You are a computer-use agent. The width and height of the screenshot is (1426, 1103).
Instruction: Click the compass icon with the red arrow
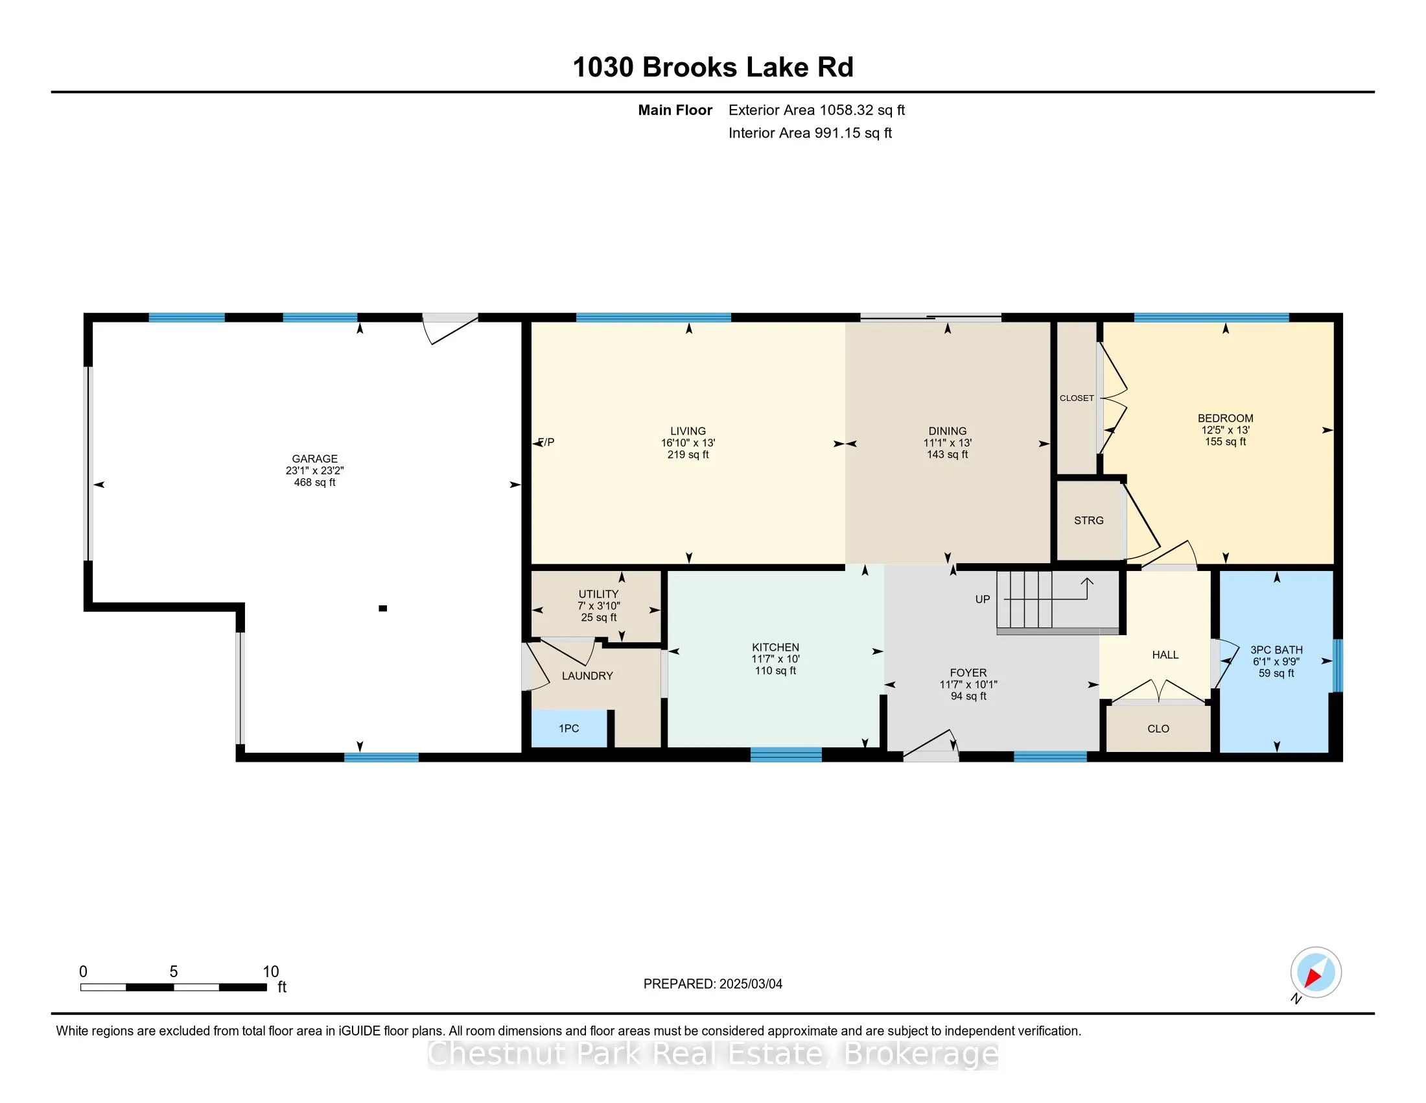point(1316,973)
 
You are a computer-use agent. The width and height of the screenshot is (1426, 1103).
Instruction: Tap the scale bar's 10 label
point(271,972)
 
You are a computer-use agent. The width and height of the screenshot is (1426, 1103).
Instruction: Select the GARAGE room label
point(315,459)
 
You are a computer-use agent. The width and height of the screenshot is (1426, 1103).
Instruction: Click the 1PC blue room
point(569,728)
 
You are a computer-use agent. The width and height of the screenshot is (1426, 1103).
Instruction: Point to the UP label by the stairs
point(983,600)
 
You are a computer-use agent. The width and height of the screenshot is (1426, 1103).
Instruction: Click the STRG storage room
point(1089,520)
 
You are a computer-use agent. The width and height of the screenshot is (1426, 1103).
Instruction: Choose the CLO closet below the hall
point(1158,728)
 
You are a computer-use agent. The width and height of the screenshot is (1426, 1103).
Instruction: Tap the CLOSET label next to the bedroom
point(1077,398)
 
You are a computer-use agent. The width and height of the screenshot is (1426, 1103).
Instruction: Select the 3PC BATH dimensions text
point(1276,661)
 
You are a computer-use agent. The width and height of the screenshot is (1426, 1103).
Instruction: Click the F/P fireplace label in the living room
point(546,442)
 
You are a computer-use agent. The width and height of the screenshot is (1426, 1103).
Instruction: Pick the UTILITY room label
point(599,594)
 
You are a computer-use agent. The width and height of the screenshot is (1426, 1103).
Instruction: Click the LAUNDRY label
point(588,675)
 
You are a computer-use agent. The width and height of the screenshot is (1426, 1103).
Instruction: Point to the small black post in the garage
point(383,609)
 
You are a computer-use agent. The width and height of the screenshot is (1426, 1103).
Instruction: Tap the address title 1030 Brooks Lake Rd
point(713,67)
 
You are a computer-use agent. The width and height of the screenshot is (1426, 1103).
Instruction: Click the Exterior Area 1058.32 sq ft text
point(817,110)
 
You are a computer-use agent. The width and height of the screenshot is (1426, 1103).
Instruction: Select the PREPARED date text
point(713,984)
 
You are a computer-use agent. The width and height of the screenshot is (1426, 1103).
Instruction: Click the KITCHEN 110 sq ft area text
point(776,670)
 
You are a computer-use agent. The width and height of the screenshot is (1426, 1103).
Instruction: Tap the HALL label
point(1165,655)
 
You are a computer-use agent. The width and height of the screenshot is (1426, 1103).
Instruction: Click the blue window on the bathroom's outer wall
point(1337,664)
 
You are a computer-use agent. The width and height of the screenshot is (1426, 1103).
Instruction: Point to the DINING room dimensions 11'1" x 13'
point(948,442)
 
